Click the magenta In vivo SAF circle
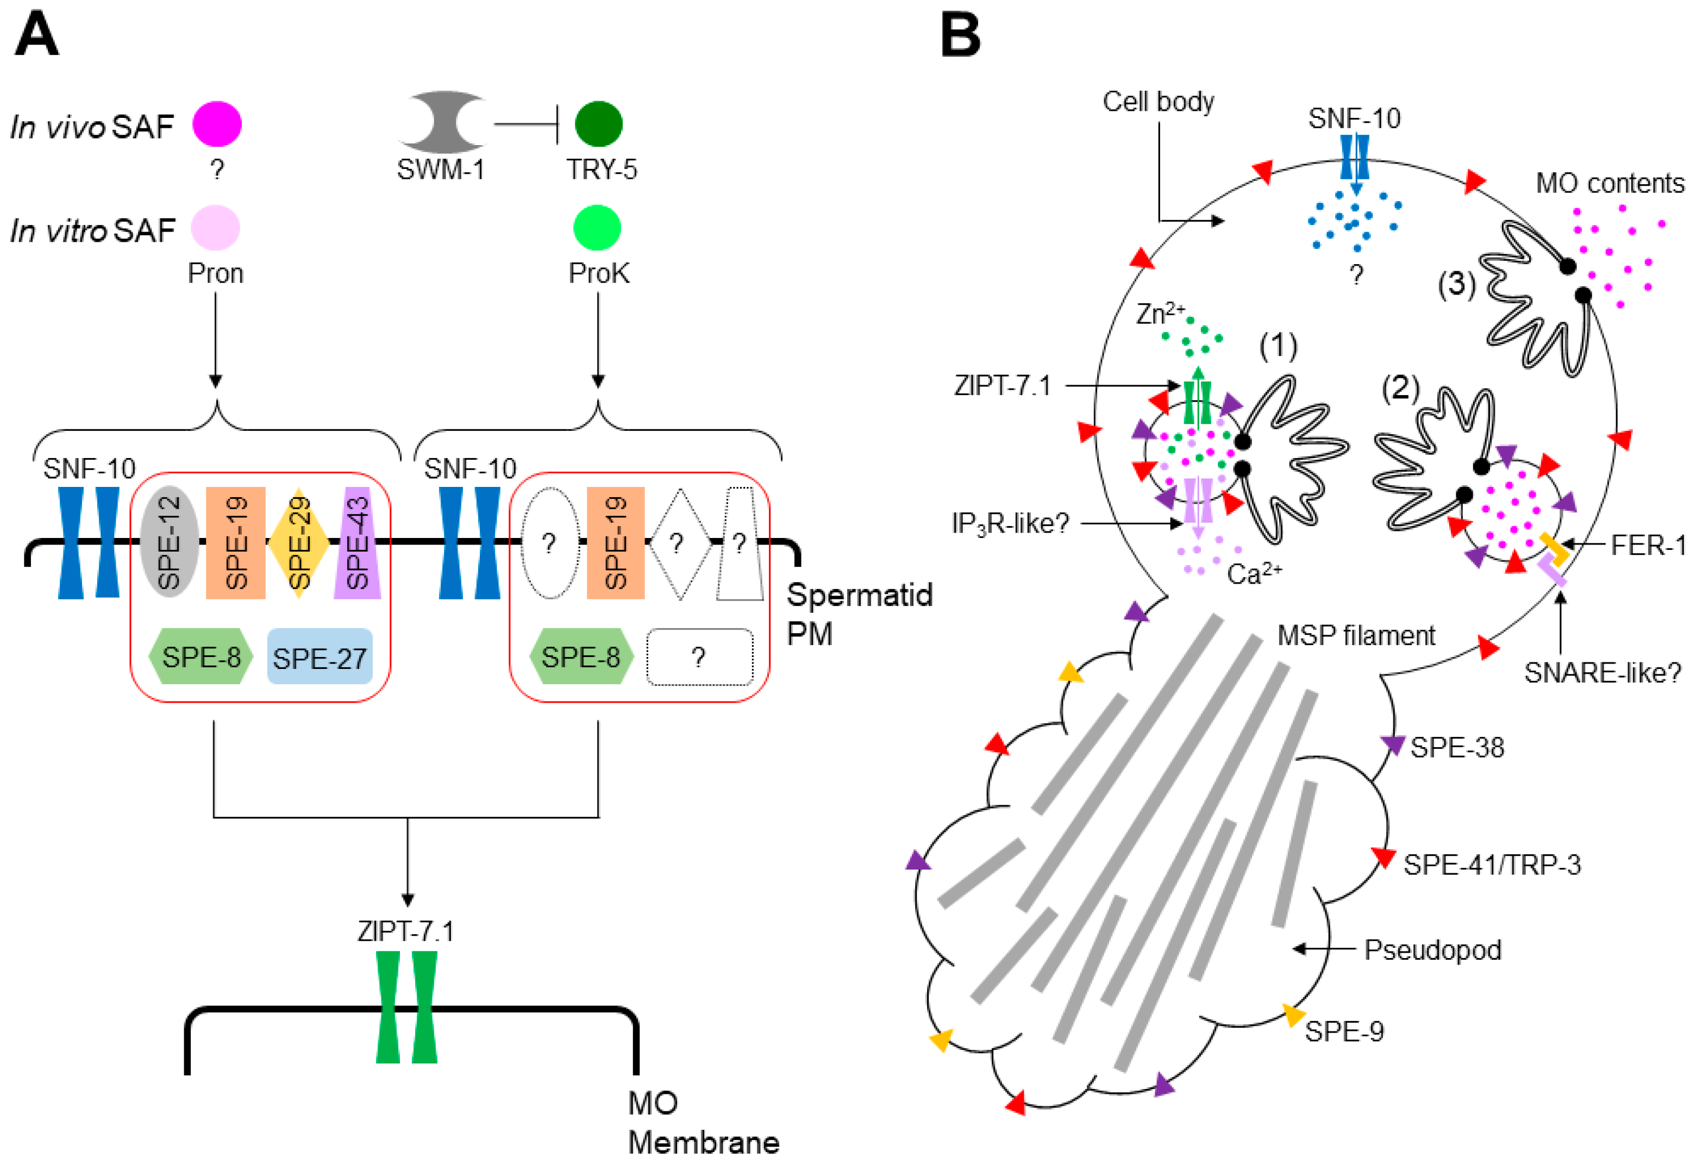click(x=217, y=124)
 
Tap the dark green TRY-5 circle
click(x=598, y=124)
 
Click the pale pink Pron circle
click(x=215, y=228)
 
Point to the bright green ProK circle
click(x=597, y=228)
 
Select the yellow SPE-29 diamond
click(x=299, y=542)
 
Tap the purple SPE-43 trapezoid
click(x=357, y=542)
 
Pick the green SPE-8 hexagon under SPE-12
click(x=201, y=656)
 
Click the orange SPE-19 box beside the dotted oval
click(x=616, y=542)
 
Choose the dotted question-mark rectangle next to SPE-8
click(x=699, y=657)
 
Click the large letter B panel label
click(x=960, y=35)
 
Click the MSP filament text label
click(x=1355, y=635)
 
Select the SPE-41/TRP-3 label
click(x=1491, y=865)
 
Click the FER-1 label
click(x=1648, y=545)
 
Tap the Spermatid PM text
click(x=859, y=614)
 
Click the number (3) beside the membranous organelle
click(x=1456, y=283)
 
